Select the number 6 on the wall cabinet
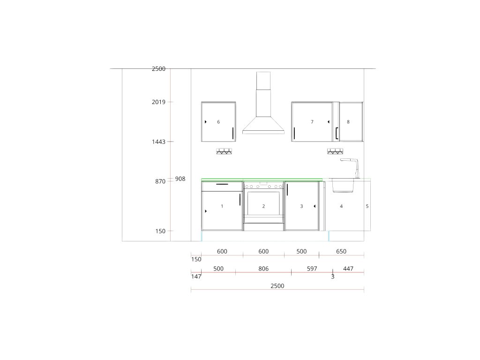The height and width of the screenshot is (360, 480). pyautogui.click(x=218, y=122)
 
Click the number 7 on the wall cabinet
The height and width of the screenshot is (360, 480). pyautogui.click(x=312, y=122)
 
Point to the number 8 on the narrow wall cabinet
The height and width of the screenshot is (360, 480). pyautogui.click(x=348, y=122)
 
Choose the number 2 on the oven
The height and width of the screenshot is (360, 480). pyautogui.click(x=263, y=206)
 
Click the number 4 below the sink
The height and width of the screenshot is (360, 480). pyautogui.click(x=341, y=206)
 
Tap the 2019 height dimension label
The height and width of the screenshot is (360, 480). pyautogui.click(x=158, y=102)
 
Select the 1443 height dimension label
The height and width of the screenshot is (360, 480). pyautogui.click(x=158, y=142)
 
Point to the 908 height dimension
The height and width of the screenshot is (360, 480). pyautogui.click(x=180, y=179)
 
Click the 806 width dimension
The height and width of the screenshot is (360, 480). pyautogui.click(x=263, y=269)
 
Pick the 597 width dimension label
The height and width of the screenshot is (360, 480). pyautogui.click(x=312, y=269)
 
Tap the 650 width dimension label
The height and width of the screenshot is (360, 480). pyautogui.click(x=341, y=251)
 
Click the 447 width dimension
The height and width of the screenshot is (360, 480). pyautogui.click(x=348, y=269)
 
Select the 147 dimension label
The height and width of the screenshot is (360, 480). pyautogui.click(x=196, y=277)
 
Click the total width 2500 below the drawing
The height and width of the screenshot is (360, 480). pyautogui.click(x=277, y=285)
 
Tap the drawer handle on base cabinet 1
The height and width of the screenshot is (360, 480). pyautogui.click(x=222, y=184)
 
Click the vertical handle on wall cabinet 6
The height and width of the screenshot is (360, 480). pyautogui.click(x=233, y=133)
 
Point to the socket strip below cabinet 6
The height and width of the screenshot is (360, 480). pyautogui.click(x=224, y=151)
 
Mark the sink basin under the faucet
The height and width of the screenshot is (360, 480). pyautogui.click(x=343, y=186)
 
